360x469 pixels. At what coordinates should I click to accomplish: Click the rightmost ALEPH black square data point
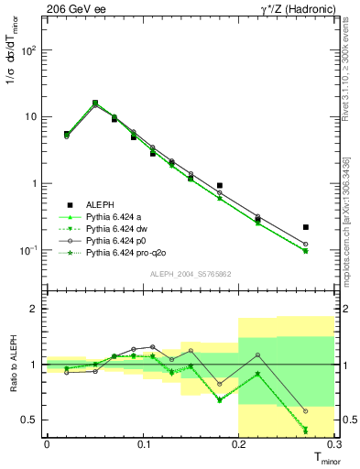click(x=306, y=227)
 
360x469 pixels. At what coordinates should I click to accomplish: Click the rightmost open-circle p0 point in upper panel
click(x=306, y=245)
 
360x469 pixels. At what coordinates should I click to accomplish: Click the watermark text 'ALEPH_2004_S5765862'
click(x=190, y=274)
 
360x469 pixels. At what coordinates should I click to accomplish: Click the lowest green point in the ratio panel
click(x=306, y=430)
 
